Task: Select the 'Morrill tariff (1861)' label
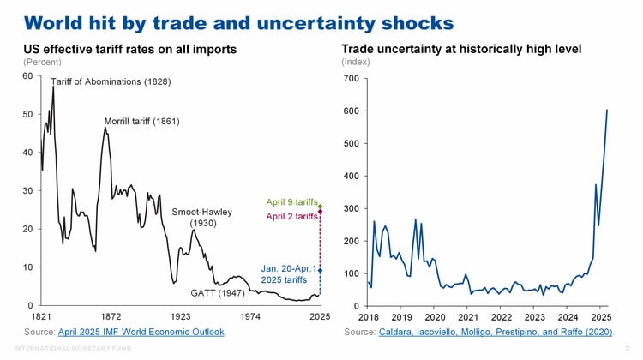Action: pos(141,121)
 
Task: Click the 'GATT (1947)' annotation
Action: pos(218,293)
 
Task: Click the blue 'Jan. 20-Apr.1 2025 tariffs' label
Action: pos(288,274)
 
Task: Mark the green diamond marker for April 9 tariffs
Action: pos(320,207)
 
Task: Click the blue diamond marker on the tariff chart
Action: pos(320,270)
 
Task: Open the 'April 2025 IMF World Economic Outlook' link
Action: pos(141,331)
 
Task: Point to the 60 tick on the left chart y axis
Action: pos(28,76)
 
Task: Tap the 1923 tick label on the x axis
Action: pos(181,316)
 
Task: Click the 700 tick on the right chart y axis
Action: pos(351,79)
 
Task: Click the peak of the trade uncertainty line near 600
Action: pos(607,110)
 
